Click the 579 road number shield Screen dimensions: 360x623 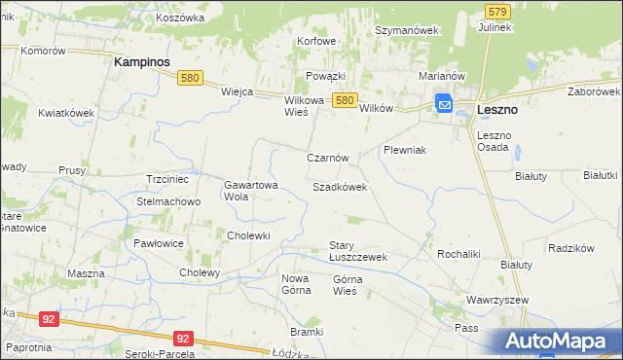(x=497, y=11)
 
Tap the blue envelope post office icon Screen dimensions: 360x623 (x=444, y=103)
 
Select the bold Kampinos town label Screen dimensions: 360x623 (x=142, y=60)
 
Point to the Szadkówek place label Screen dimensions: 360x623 (x=340, y=186)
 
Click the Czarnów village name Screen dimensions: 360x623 (x=327, y=158)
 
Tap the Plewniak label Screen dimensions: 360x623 (x=406, y=151)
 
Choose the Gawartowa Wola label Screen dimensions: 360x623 (x=251, y=190)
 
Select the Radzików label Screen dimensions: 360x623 (x=571, y=248)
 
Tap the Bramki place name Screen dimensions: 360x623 (x=306, y=332)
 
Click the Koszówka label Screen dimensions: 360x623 (x=180, y=18)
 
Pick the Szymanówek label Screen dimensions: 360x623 (x=408, y=30)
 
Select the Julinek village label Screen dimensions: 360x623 (x=495, y=27)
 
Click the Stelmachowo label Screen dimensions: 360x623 (x=168, y=202)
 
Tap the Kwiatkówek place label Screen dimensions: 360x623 (x=66, y=113)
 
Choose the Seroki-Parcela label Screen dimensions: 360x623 (x=160, y=353)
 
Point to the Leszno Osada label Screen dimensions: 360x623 (x=494, y=141)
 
